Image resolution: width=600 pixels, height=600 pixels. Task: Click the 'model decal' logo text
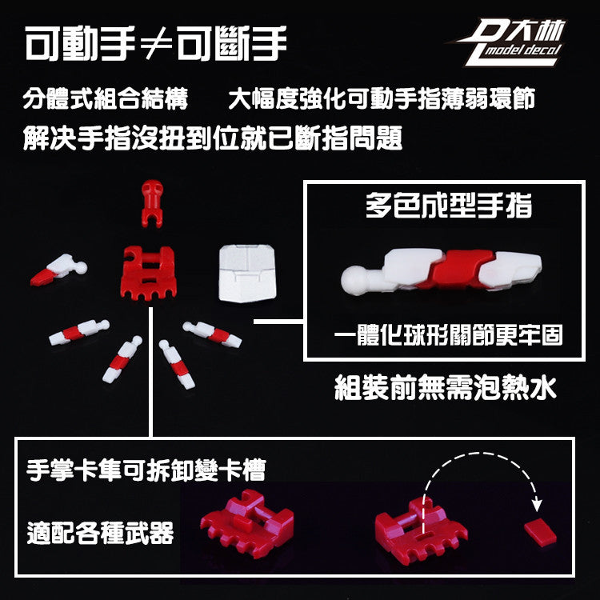point(523,50)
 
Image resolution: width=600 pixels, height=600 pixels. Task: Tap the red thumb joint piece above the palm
point(152,203)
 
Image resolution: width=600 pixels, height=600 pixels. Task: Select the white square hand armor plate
point(247,274)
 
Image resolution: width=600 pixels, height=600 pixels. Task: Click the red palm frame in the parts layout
point(149,272)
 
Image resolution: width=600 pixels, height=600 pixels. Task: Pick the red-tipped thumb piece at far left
point(58,270)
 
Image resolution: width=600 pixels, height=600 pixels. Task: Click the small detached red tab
point(540,532)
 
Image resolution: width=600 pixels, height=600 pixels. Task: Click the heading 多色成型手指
point(449,206)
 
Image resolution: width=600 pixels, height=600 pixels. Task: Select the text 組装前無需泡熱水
point(445,387)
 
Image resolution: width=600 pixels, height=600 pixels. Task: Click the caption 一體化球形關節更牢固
point(448,335)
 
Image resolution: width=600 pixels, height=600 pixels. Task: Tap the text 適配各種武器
point(100,533)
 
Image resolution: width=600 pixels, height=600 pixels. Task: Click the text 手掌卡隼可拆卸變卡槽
point(146,470)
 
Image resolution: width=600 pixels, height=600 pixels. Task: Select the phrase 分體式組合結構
point(106,98)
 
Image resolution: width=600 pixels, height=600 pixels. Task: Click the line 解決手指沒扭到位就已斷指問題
point(212,138)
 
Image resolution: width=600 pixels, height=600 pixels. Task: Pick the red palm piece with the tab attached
point(247,522)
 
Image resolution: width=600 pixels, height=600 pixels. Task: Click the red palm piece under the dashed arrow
point(421,530)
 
